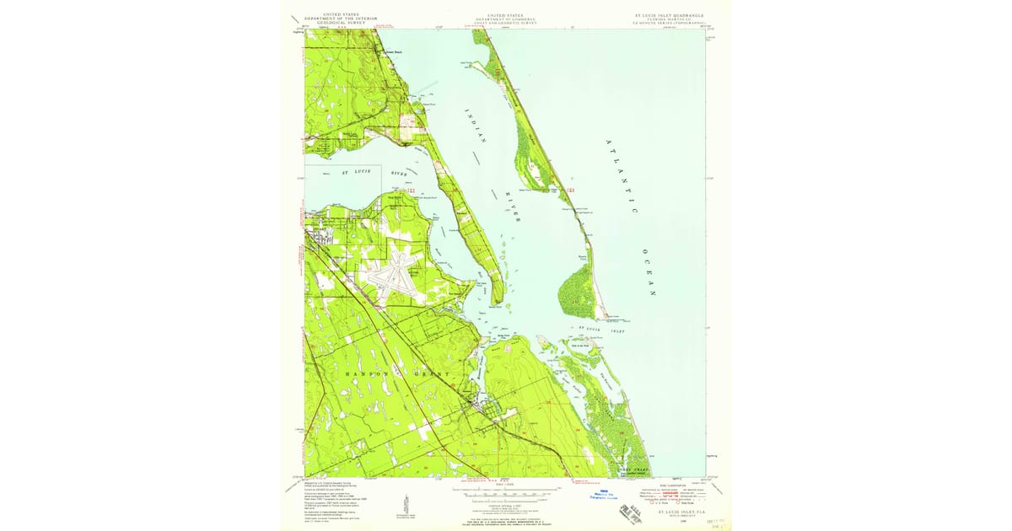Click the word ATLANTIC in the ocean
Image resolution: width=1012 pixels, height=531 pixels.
(x=622, y=174)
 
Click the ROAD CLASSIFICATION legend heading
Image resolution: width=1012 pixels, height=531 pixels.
(x=667, y=486)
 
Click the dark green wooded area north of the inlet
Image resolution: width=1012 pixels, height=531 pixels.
(x=577, y=286)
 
